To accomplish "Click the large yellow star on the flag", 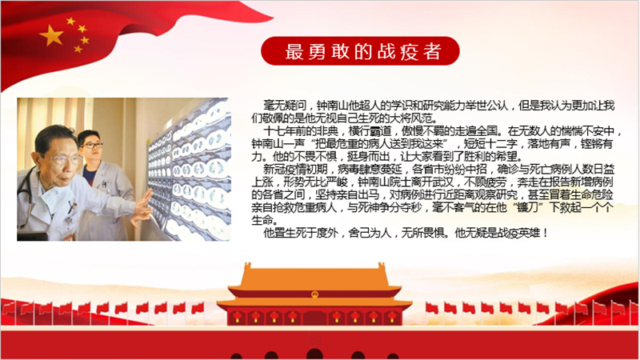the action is pos(51,35).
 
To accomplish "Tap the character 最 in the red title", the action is pos(294,51).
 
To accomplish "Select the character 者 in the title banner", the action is pos(432,51).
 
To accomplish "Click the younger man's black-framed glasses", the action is pos(92,145).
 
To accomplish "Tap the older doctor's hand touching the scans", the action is pos(142,208).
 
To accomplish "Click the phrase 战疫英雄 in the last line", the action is pos(518,233).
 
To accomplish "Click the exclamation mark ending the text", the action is pos(545,233).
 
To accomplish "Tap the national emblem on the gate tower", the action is pos(314,294).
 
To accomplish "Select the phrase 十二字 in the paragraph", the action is pos(502,144).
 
